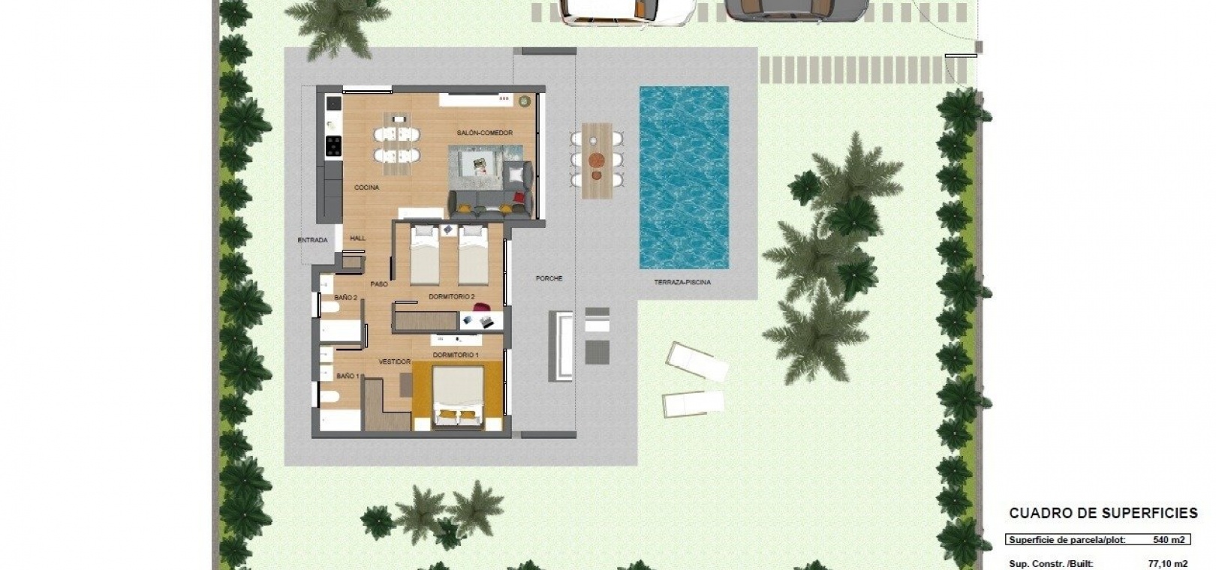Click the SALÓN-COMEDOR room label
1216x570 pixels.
click(x=484, y=133)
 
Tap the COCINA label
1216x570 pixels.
click(x=366, y=187)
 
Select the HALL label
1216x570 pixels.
click(x=358, y=238)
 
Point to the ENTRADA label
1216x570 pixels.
click(x=313, y=240)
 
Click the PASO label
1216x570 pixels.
click(x=379, y=284)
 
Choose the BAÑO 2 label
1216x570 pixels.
click(x=346, y=298)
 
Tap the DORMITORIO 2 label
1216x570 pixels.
click(x=452, y=297)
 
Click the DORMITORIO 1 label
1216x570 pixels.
click(x=456, y=355)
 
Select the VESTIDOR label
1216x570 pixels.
click(x=395, y=361)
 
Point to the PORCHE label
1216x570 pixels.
click(x=549, y=278)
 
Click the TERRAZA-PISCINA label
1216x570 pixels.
click(x=682, y=283)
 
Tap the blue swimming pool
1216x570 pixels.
click(x=684, y=177)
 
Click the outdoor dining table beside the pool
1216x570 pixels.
click(x=597, y=160)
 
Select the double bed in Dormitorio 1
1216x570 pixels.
click(x=458, y=397)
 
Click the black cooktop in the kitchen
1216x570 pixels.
click(x=333, y=146)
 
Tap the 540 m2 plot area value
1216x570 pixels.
click(x=1168, y=540)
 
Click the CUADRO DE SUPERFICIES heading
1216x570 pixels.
click(x=1103, y=513)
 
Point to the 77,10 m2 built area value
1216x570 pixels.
click(x=1168, y=564)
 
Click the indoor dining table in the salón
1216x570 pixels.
click(x=397, y=143)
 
